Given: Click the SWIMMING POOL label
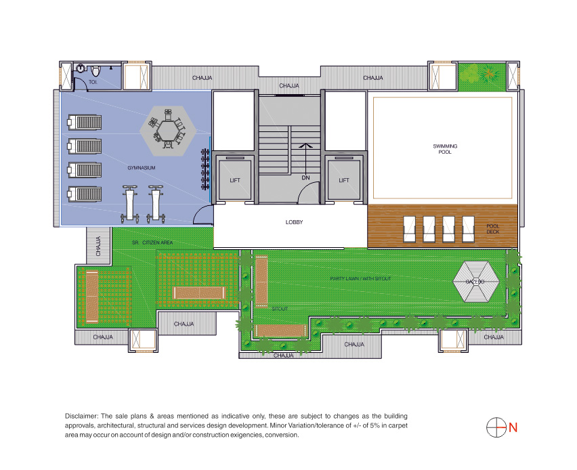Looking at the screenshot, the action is pos(445,149).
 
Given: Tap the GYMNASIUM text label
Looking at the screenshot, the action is pos(142,168).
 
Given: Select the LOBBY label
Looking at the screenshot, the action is pos(294,222).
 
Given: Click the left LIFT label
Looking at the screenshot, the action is pos(235,180).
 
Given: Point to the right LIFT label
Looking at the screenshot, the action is pos(344,180).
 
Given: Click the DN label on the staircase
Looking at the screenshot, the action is pos(306,177).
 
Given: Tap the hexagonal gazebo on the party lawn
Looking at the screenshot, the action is pos(476,282).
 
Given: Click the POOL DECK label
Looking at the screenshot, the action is pos(493,229).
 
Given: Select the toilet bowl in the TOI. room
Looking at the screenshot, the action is pos(95,70).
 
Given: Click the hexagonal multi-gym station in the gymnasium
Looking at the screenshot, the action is pos(168,130).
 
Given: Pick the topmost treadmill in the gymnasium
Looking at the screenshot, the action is pos(84,123).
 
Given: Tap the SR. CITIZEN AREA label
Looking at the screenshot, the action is pos(152,242).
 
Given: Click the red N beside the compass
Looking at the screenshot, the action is pos(513,428).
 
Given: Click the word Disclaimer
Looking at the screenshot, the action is pos(81,416).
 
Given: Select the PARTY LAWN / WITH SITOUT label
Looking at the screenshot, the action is pos(360,278).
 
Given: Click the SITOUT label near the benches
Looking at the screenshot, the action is pos(280,309).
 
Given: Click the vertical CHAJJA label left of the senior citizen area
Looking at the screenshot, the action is pos(98,246).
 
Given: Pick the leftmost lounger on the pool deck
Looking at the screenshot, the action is pos(409,229).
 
